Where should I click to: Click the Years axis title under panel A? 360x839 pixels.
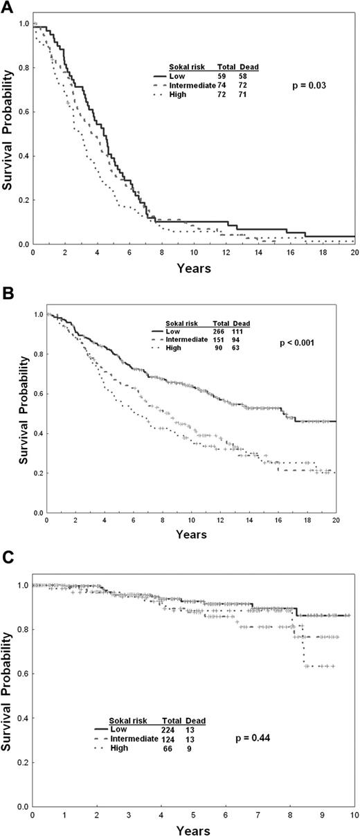pos(195,269)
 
